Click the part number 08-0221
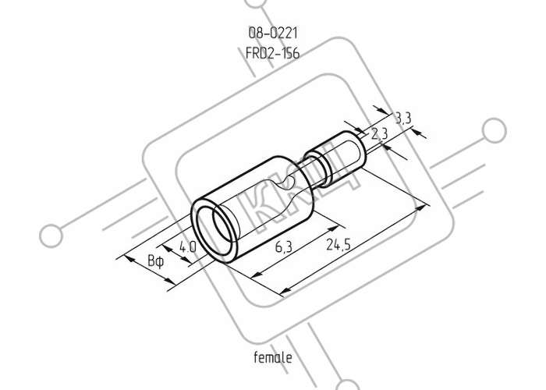(x=273, y=33)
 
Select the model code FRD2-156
(x=273, y=53)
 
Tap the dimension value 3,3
(x=403, y=118)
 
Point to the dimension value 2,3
(x=379, y=133)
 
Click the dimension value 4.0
(x=188, y=247)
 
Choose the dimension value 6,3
(x=284, y=247)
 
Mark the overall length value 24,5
(x=338, y=244)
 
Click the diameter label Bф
(x=156, y=261)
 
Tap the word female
(x=273, y=357)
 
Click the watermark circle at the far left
(x=51, y=236)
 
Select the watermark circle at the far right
(x=494, y=130)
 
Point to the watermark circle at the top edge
(x=256, y=3)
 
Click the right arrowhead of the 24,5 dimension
(x=421, y=208)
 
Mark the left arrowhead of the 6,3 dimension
(x=256, y=274)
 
